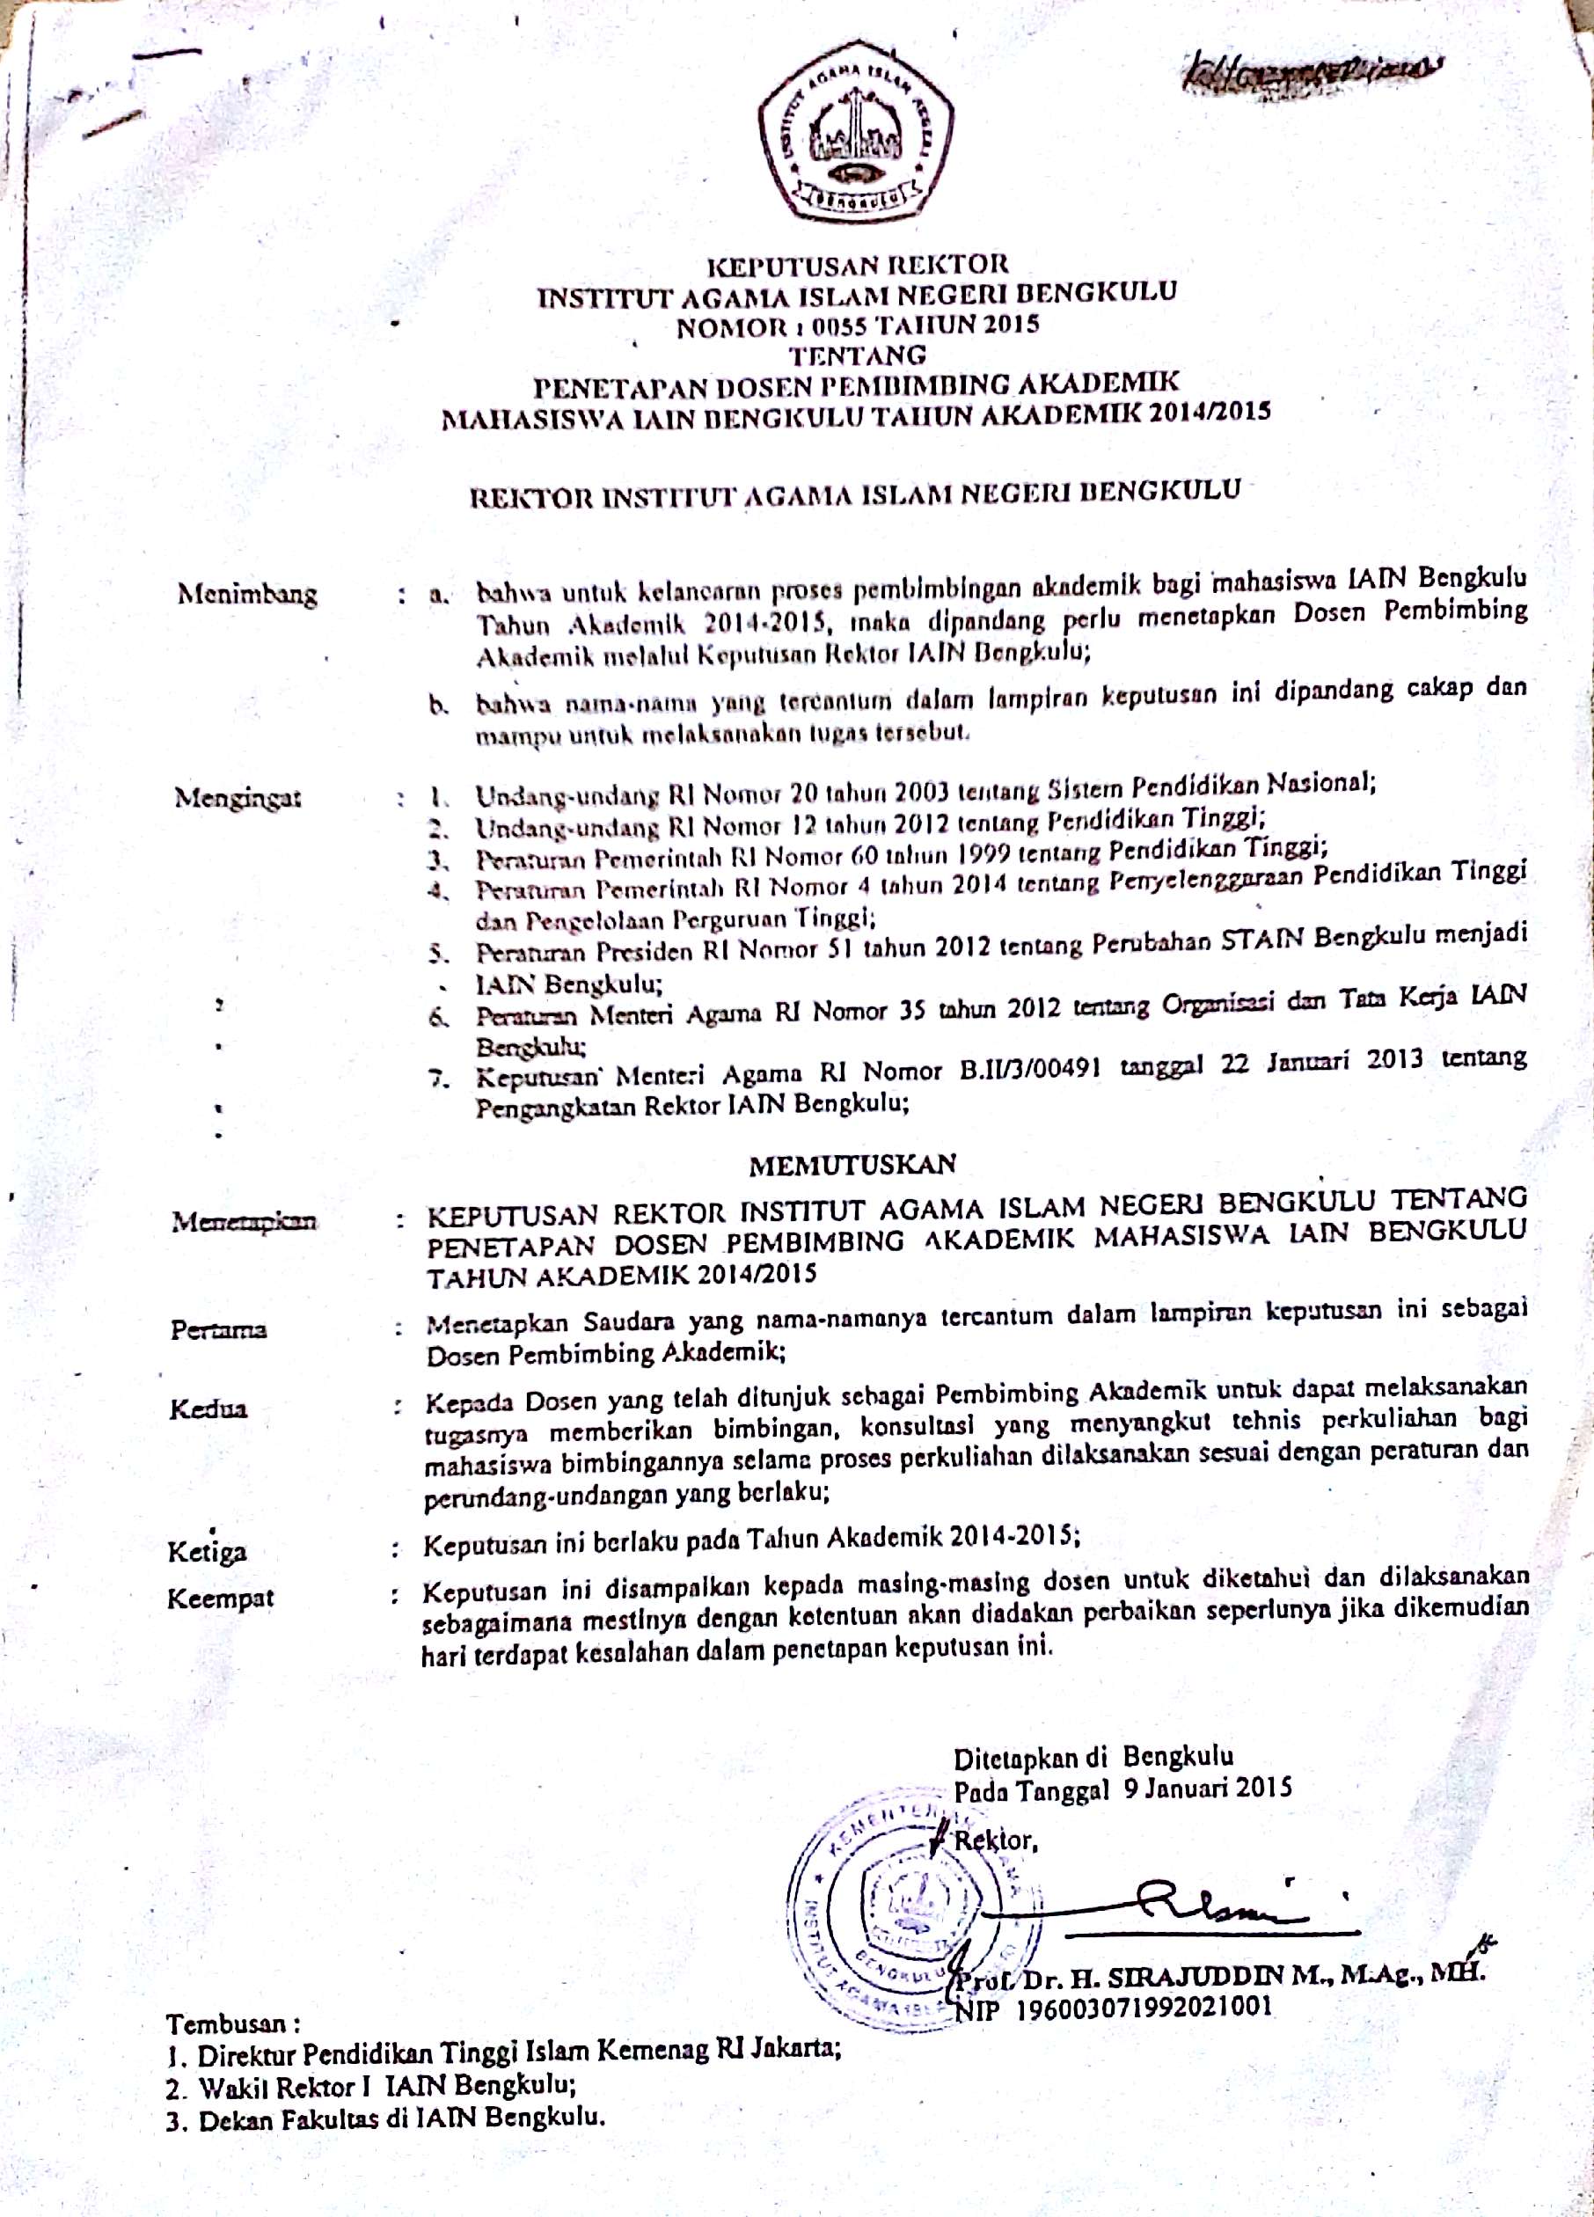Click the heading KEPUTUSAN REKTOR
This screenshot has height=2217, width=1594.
coord(857,264)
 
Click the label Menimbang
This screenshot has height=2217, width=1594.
coord(247,593)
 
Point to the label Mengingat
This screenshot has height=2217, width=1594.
coord(238,797)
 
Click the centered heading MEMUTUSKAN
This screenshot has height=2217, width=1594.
coord(852,1163)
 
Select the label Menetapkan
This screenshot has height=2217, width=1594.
coord(244,1221)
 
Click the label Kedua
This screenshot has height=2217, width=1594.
coord(208,1408)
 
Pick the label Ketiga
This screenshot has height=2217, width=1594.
coord(208,1551)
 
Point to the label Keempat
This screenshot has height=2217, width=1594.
coord(220,1599)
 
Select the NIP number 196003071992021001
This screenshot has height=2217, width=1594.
coord(1144,2008)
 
